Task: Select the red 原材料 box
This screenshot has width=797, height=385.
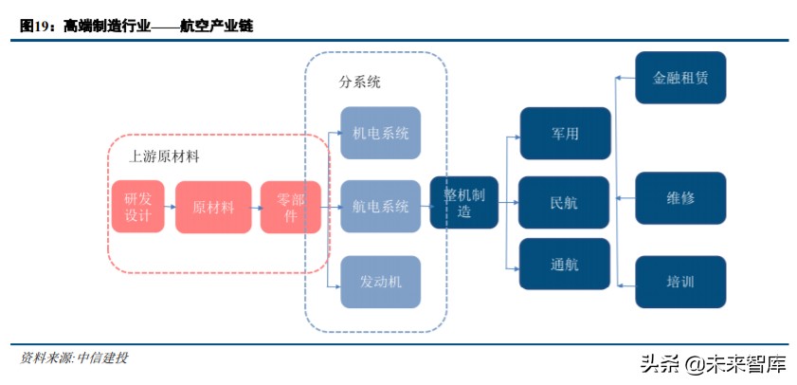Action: coord(213,207)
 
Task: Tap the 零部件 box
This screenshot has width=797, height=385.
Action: coord(291,207)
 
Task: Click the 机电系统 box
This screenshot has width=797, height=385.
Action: coord(380,133)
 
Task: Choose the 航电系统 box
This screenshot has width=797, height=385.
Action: coord(380,207)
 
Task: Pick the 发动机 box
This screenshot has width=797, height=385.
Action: coord(380,282)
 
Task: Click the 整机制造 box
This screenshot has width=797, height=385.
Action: coord(464,202)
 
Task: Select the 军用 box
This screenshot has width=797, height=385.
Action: coord(564,133)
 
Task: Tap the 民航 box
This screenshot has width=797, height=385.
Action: coord(564,202)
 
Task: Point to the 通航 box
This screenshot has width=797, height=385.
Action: coord(564,265)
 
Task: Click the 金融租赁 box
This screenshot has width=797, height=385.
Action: coord(680,78)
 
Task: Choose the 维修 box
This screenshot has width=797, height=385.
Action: coord(680,198)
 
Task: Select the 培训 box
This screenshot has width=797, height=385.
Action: coord(680,282)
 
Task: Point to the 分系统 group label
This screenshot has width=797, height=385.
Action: coord(359,82)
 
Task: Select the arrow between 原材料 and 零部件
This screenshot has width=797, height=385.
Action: coord(256,207)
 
